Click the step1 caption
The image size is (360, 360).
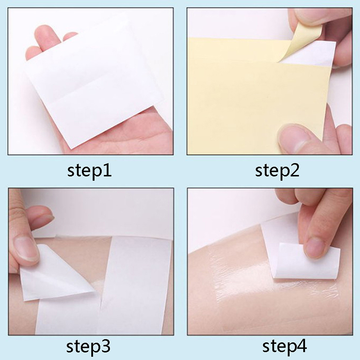[89, 171]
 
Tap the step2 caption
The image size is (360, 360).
[277, 171]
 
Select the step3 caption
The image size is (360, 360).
[88, 347]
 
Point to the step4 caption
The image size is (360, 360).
[285, 346]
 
